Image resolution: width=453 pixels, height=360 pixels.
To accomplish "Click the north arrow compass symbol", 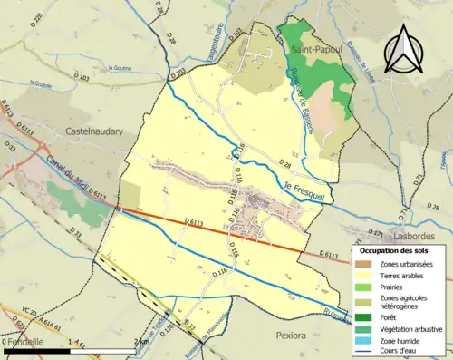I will (x=403, y=50).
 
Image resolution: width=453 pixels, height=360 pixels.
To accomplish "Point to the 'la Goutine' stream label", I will (x=120, y=67).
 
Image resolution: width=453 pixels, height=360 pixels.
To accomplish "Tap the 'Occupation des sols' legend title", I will (x=394, y=249).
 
